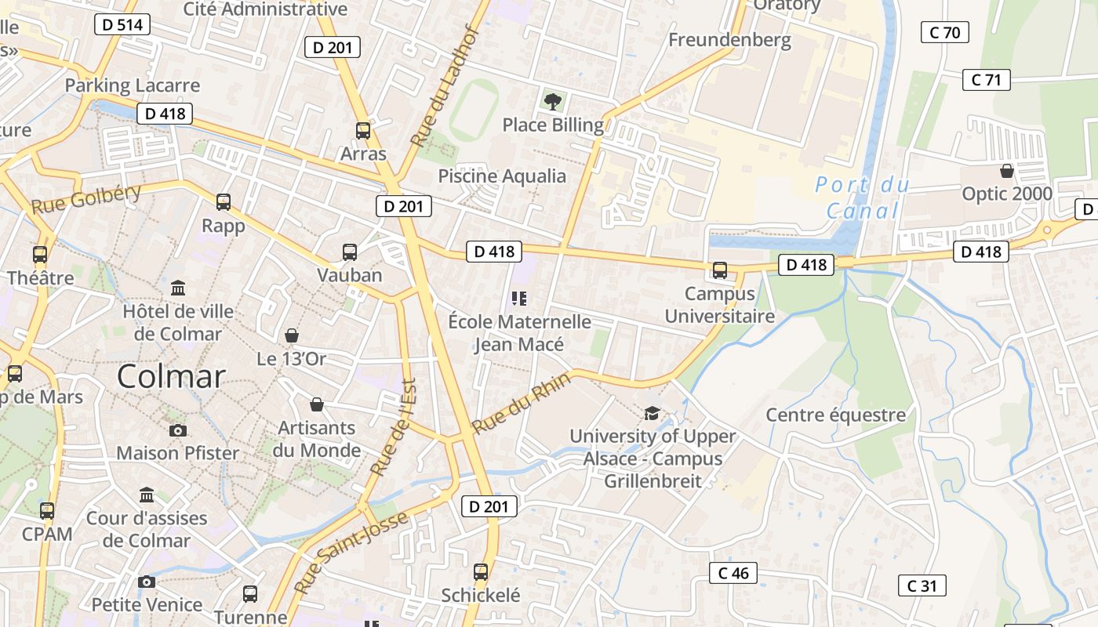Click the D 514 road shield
coord(122,24)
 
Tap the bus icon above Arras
coord(363,131)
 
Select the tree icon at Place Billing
coord(553,100)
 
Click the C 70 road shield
coord(944,32)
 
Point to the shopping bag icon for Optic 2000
coord(1007,170)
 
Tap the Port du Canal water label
coord(863,198)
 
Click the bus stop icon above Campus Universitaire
coord(720,270)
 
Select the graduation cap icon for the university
coord(652,413)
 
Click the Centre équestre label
coord(835,415)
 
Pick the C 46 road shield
coord(733,573)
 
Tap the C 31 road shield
coord(922,585)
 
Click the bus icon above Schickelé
coord(481,572)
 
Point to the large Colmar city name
coord(171,377)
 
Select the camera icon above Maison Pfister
coord(178,430)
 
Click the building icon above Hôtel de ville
coord(178,288)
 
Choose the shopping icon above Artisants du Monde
coord(317,404)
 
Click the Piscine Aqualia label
coord(502,176)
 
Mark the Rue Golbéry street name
coord(85,200)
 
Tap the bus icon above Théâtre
coord(40,254)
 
